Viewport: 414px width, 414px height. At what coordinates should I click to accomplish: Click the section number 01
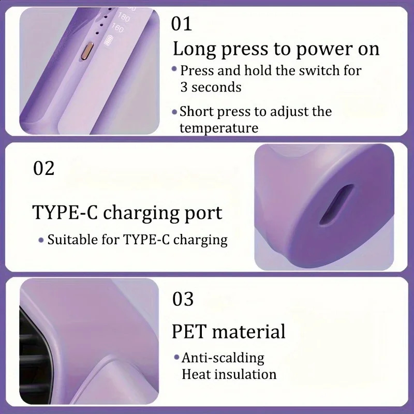182,24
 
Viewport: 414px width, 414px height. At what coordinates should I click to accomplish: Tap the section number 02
43,168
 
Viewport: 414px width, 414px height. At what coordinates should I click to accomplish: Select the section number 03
183,299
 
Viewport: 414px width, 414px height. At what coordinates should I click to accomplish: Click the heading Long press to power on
276,49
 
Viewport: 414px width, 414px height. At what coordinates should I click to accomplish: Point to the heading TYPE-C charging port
127,213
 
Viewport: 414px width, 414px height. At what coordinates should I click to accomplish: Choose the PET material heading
228,331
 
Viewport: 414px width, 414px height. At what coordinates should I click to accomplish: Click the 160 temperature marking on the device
117,28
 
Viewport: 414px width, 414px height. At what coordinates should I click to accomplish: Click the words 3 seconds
211,87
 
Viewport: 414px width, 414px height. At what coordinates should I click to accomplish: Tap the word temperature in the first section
218,127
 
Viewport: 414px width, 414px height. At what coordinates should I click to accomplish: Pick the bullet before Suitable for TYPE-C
41,240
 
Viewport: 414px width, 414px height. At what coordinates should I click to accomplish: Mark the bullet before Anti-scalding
176,358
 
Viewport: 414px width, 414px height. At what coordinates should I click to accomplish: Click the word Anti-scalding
223,358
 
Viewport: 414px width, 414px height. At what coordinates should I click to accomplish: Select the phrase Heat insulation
229,374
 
